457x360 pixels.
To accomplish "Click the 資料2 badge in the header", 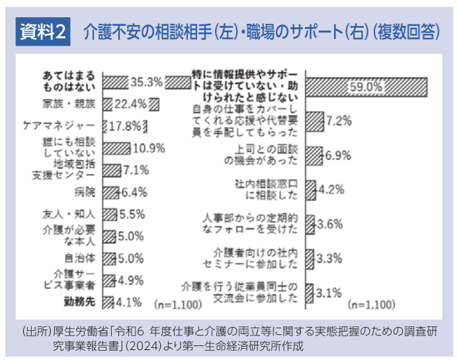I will tap(41, 31).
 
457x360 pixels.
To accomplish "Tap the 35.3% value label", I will tap(146, 82).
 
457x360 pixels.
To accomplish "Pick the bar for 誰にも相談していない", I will tap(116, 147).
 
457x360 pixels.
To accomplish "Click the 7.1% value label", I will tap(134, 170).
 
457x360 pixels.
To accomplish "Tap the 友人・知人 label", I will tap(77, 214).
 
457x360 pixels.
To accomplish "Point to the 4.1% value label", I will tap(130, 302).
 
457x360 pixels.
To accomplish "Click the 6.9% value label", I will tap(337, 156).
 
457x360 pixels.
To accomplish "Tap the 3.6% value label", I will tap(329, 223).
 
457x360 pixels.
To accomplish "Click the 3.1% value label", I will tap(328, 292).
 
